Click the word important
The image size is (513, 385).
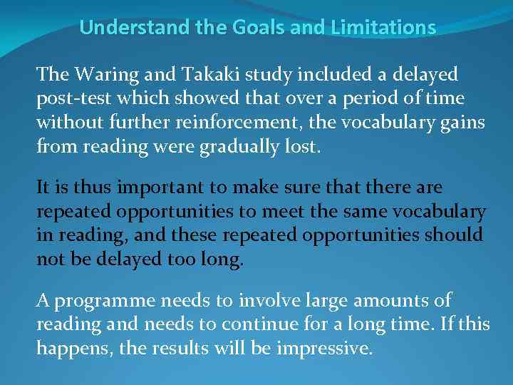click(x=151, y=188)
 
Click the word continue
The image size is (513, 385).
click(x=259, y=325)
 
